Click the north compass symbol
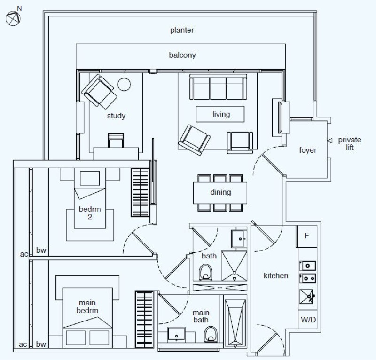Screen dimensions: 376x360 [13, 18]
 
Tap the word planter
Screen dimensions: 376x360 [182, 31]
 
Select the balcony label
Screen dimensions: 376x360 [182, 55]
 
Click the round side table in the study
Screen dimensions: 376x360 [124, 85]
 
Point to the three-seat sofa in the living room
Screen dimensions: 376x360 [218, 87]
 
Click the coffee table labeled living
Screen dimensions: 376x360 [220, 114]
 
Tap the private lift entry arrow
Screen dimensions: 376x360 [330, 141]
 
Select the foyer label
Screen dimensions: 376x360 [308, 150]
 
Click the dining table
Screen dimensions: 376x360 [220, 193]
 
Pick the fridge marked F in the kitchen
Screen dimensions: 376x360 [307, 236]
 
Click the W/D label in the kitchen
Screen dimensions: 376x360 [308, 320]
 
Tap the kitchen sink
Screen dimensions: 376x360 [306, 297]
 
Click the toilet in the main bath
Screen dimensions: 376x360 [211, 334]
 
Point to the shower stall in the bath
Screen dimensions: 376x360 [234, 266]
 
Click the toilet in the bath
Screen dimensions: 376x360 [205, 273]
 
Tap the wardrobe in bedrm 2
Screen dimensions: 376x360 [140, 192]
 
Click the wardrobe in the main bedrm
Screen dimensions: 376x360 [144, 320]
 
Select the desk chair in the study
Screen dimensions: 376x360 [116, 141]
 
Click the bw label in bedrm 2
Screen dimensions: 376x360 [41, 250]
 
